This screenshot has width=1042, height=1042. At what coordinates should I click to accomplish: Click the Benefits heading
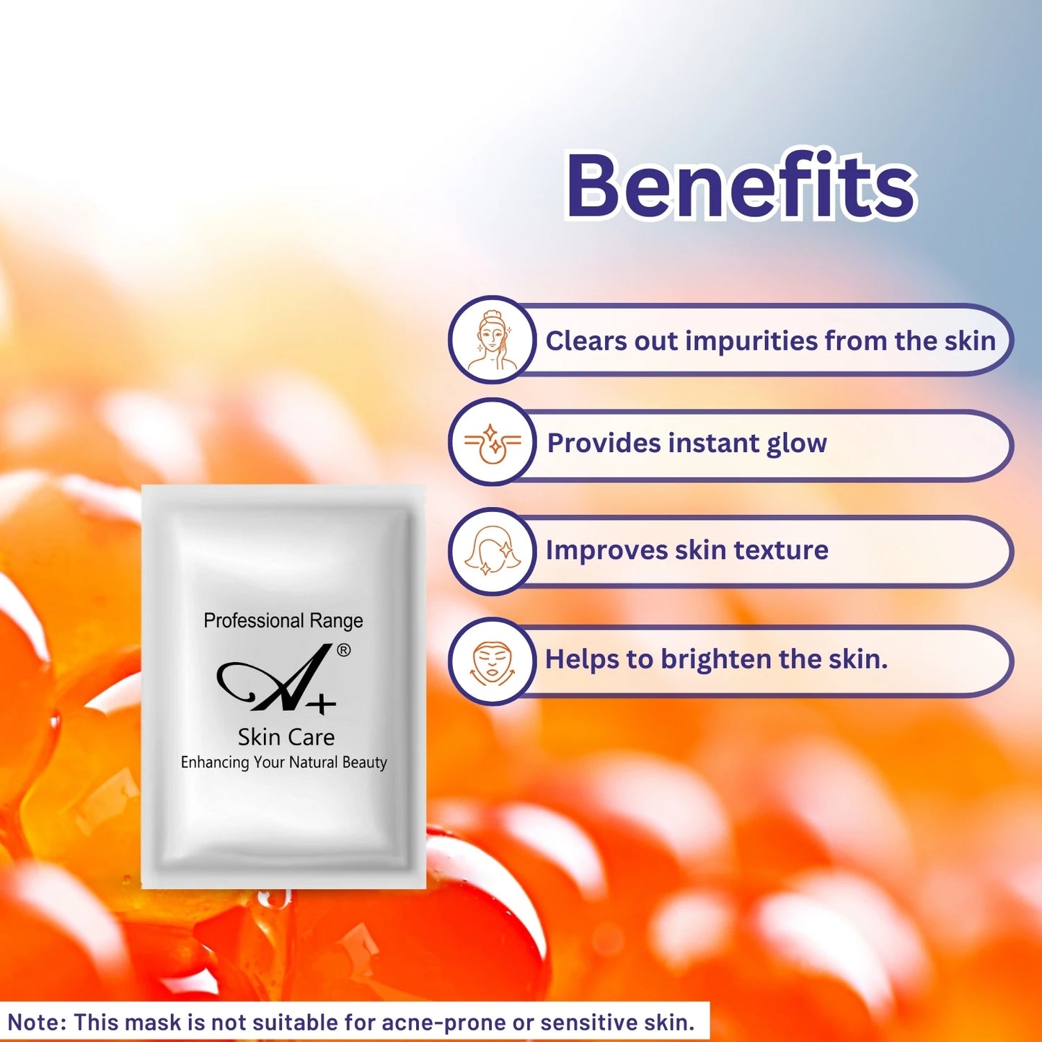pos(741,185)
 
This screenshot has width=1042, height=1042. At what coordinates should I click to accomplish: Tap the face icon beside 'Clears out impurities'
pos(493,340)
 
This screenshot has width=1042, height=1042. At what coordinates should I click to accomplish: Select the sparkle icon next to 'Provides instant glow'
pos(493,442)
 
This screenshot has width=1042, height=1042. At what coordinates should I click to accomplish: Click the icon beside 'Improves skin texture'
pos(493,552)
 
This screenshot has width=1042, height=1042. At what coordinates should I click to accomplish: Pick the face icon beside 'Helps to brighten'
pos(493,661)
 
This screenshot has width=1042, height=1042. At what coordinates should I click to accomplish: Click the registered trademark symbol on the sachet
pos(344,650)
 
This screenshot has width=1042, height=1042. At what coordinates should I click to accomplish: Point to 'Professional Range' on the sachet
pos(283,621)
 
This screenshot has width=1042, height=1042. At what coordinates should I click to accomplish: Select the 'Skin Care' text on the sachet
pos(286,737)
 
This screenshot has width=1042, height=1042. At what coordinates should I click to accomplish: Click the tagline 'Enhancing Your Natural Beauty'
pos(283,762)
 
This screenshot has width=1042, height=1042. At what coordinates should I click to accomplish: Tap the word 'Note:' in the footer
pos(36,1023)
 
